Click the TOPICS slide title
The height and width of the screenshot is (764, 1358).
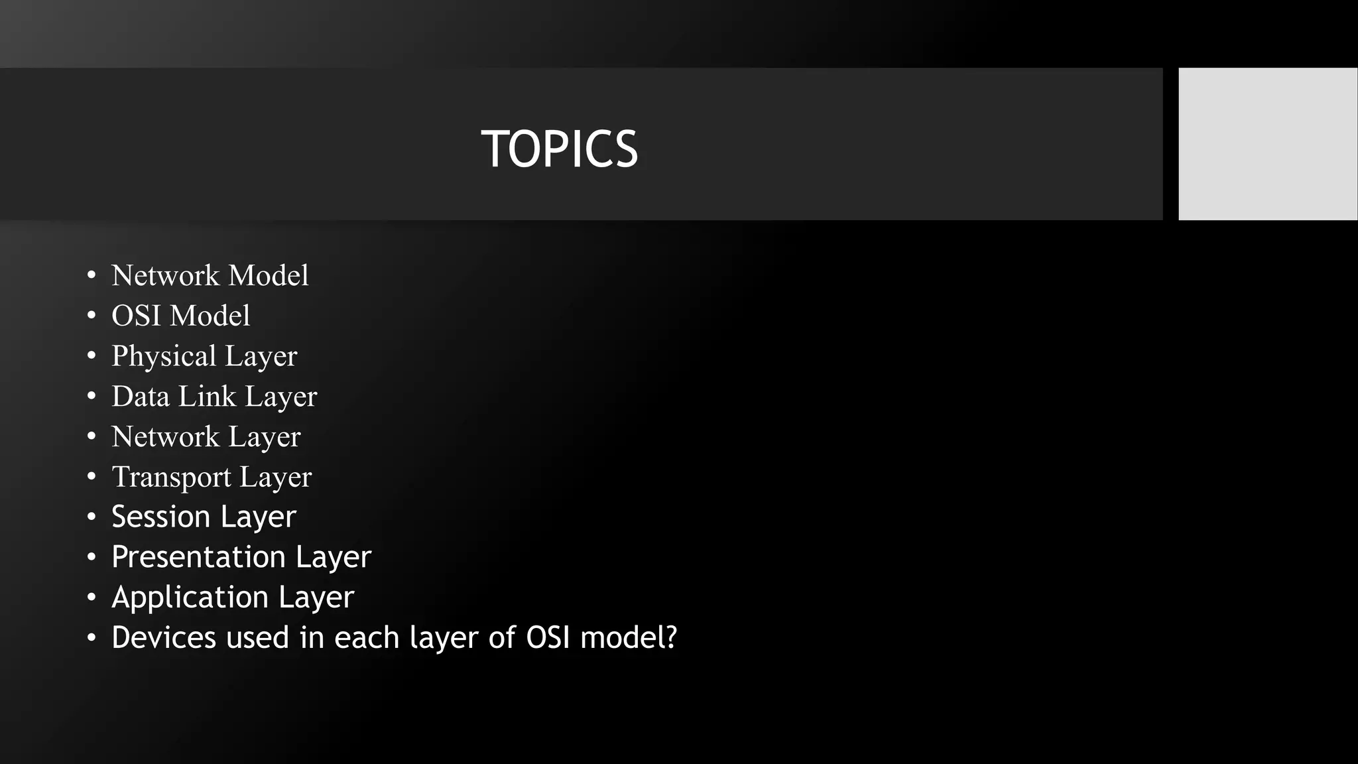point(559,149)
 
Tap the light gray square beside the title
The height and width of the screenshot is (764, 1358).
point(1267,143)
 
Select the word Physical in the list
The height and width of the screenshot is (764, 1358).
point(163,357)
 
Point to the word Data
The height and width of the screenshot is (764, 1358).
point(140,397)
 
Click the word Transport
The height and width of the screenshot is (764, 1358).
point(171,477)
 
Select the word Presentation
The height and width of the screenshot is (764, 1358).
point(198,557)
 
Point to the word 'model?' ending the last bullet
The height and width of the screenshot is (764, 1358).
point(629,637)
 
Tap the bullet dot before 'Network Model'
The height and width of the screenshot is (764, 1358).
point(92,275)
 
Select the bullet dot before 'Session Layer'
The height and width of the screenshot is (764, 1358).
point(92,517)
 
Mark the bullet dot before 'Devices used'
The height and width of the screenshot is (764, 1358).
point(92,638)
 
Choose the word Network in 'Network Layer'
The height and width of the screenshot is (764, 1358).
point(165,437)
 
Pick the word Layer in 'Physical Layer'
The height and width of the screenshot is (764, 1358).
point(261,357)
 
